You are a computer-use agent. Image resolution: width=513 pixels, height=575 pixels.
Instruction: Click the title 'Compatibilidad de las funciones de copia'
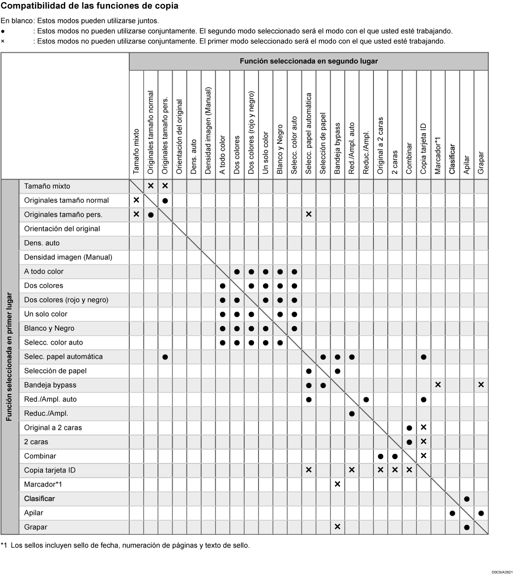tap(89, 6)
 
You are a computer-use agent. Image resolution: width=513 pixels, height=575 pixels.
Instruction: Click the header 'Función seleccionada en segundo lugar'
tap(309, 61)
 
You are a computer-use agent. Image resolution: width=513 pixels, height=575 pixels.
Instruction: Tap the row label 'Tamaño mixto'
tap(47, 186)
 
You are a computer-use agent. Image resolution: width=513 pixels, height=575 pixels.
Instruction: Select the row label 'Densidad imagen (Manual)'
tap(68, 257)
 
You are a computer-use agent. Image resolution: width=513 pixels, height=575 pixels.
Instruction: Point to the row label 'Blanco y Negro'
tap(49, 328)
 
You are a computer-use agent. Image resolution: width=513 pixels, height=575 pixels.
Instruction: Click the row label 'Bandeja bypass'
tap(50, 385)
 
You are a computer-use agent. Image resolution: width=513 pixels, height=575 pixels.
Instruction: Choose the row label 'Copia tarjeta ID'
tap(50, 470)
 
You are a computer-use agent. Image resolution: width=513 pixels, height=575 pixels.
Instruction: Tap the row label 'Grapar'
tap(36, 527)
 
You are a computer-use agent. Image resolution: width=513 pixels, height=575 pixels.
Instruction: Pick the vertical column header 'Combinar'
tap(409, 158)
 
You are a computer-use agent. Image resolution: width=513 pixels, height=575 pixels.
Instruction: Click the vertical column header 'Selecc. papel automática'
tap(309, 133)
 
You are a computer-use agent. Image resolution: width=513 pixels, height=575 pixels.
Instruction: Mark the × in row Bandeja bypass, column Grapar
tap(481, 385)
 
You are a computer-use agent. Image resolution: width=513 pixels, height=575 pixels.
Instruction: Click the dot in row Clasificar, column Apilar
tap(466, 499)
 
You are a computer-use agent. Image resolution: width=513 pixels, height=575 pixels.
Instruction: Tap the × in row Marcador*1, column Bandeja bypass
tap(337, 484)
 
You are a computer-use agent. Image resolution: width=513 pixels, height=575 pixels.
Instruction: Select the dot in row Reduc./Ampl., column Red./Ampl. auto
tap(352, 414)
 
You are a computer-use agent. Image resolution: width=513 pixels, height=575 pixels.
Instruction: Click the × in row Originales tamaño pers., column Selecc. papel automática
tap(309, 215)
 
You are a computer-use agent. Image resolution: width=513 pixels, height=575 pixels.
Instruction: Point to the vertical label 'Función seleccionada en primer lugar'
tap(9, 357)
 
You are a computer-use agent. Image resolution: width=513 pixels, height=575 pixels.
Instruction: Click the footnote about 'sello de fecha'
tap(125, 545)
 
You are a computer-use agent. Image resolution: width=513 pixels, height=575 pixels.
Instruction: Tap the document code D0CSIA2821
tap(501, 572)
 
